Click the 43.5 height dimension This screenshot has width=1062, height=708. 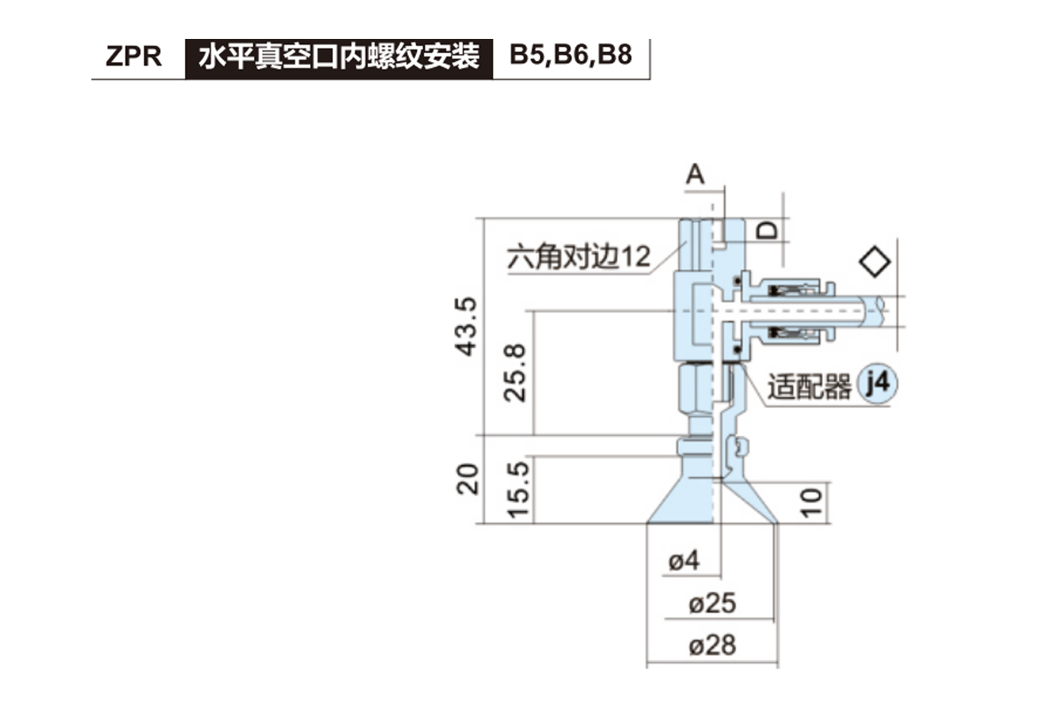coord(466,326)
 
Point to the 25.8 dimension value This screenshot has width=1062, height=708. coord(515,372)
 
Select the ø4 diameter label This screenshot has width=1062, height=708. coord(684,560)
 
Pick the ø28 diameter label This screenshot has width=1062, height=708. coord(712,645)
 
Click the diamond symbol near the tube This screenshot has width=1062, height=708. coord(874,261)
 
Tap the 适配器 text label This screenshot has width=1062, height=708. coord(809,387)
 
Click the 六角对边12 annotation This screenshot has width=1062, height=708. coord(579,258)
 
